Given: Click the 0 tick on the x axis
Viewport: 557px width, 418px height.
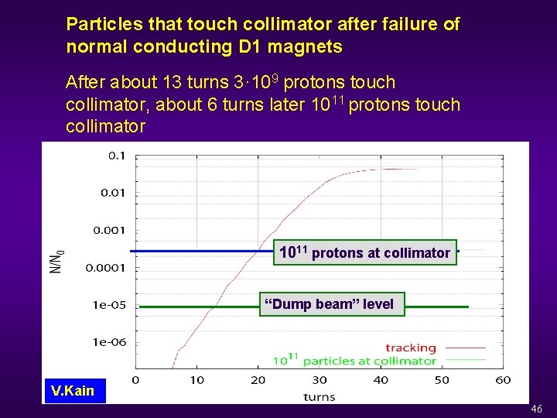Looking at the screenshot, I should pos(135,380).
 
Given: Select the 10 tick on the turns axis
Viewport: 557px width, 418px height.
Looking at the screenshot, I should pos(196,380).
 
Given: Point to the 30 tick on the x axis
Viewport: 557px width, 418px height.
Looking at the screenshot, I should pos(320,380).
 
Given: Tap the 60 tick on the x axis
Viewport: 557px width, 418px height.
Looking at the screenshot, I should pos(504,380).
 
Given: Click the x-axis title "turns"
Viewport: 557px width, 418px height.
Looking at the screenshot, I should pos(320,396).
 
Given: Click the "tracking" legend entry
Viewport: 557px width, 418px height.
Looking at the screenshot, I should pos(411,348).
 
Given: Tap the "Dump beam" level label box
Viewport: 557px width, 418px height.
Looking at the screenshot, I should pos(330,304).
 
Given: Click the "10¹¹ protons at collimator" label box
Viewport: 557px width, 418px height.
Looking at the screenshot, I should pos(364,252).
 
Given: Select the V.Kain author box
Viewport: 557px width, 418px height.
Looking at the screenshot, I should pos(71,390).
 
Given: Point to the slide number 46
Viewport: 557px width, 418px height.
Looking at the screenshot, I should pos(537,409).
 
